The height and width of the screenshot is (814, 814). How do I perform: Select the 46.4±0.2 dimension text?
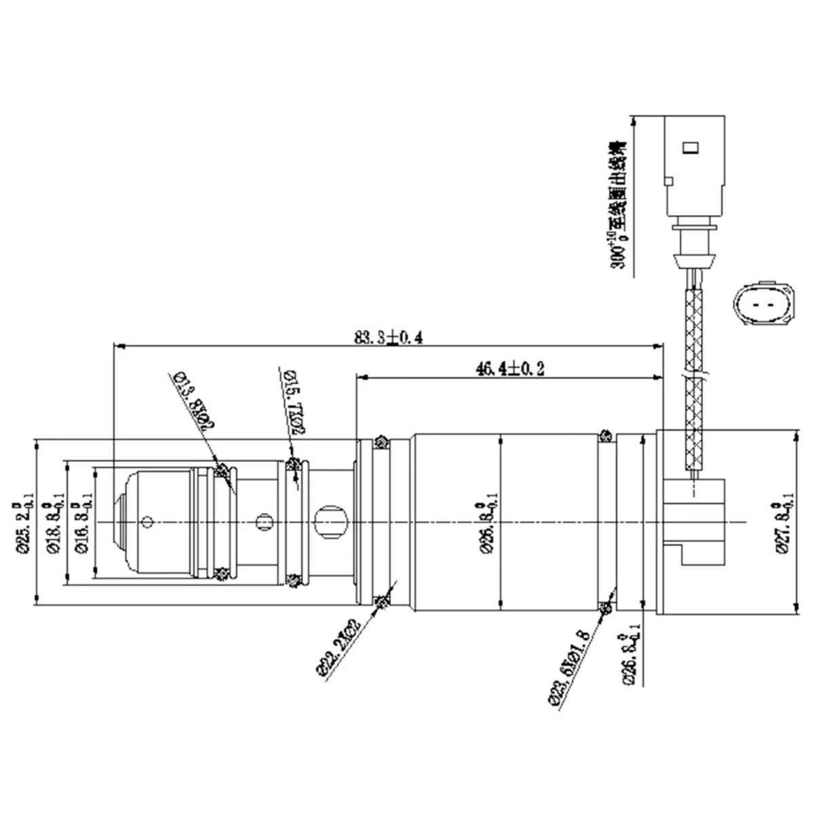(509, 368)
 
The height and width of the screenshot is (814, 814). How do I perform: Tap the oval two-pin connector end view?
(764, 303)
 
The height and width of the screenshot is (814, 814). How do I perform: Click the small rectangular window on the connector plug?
(690, 147)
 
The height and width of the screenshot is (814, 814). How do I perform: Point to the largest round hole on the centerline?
(330, 521)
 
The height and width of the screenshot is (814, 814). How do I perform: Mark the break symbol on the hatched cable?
(696, 374)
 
